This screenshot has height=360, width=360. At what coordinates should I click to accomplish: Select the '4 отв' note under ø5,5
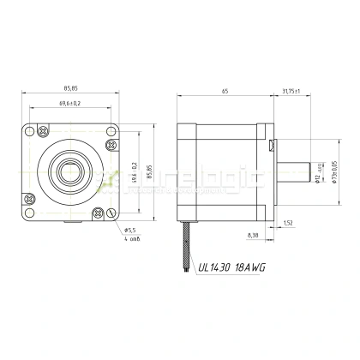tap(132, 238)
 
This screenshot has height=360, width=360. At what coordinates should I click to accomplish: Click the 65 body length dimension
tap(225, 89)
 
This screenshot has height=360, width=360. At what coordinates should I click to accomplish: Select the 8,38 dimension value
tap(252, 234)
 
